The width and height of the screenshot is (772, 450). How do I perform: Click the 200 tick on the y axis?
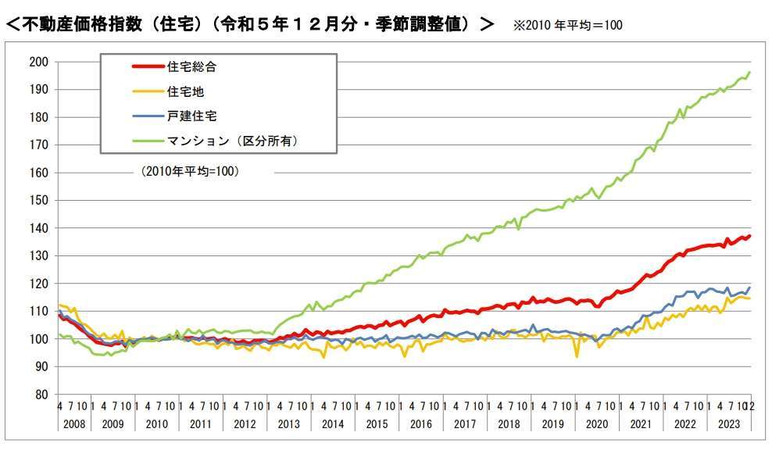[39, 62]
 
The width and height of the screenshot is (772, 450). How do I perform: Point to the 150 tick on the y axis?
[39, 200]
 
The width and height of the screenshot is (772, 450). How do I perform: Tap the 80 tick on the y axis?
[42, 394]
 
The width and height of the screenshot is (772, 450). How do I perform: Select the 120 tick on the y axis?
[39, 283]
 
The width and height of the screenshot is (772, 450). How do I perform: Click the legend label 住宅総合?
[191, 67]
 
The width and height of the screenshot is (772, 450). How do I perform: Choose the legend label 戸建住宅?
[191, 116]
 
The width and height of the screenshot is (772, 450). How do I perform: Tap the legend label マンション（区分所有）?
[234, 141]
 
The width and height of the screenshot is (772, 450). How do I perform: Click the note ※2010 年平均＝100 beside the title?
[567, 25]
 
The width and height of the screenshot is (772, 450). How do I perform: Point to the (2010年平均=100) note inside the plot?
[190, 170]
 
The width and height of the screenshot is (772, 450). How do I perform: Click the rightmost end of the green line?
[750, 72]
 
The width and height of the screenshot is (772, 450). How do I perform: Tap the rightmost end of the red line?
[750, 236]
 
